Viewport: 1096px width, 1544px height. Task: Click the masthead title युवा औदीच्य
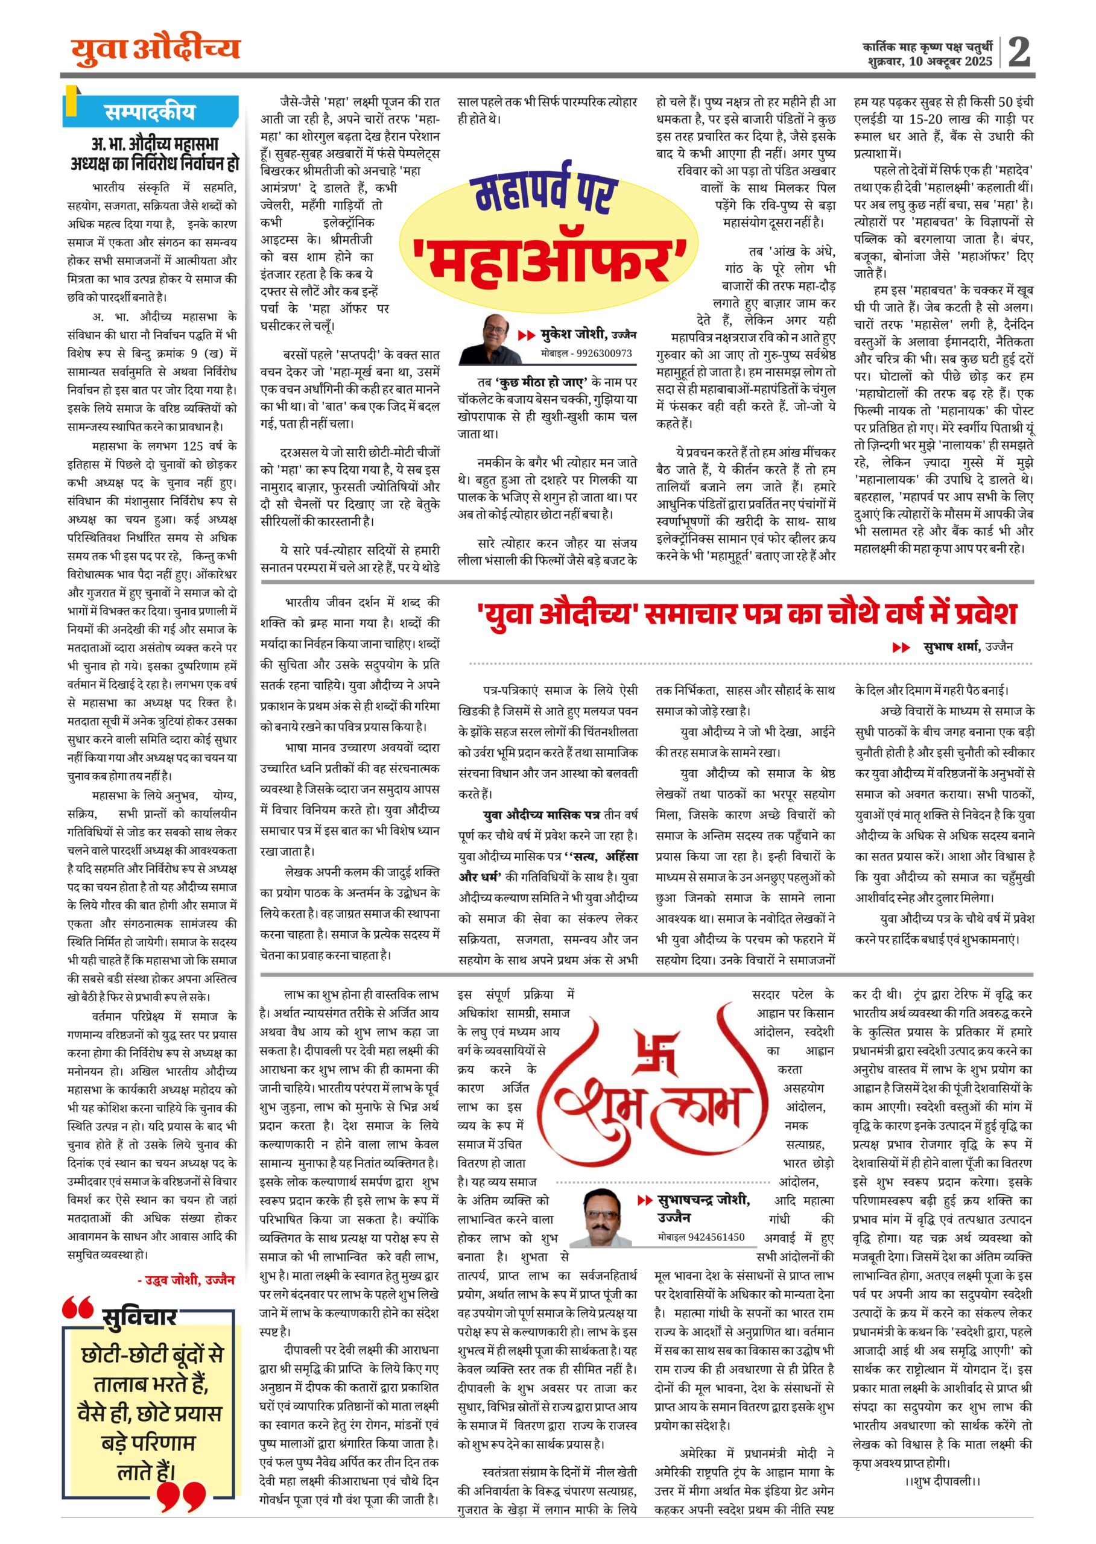click(155, 50)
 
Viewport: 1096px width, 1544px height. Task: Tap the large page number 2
click(1019, 51)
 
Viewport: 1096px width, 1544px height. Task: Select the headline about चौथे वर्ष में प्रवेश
click(746, 613)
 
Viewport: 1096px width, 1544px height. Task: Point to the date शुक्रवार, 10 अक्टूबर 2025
click(931, 62)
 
